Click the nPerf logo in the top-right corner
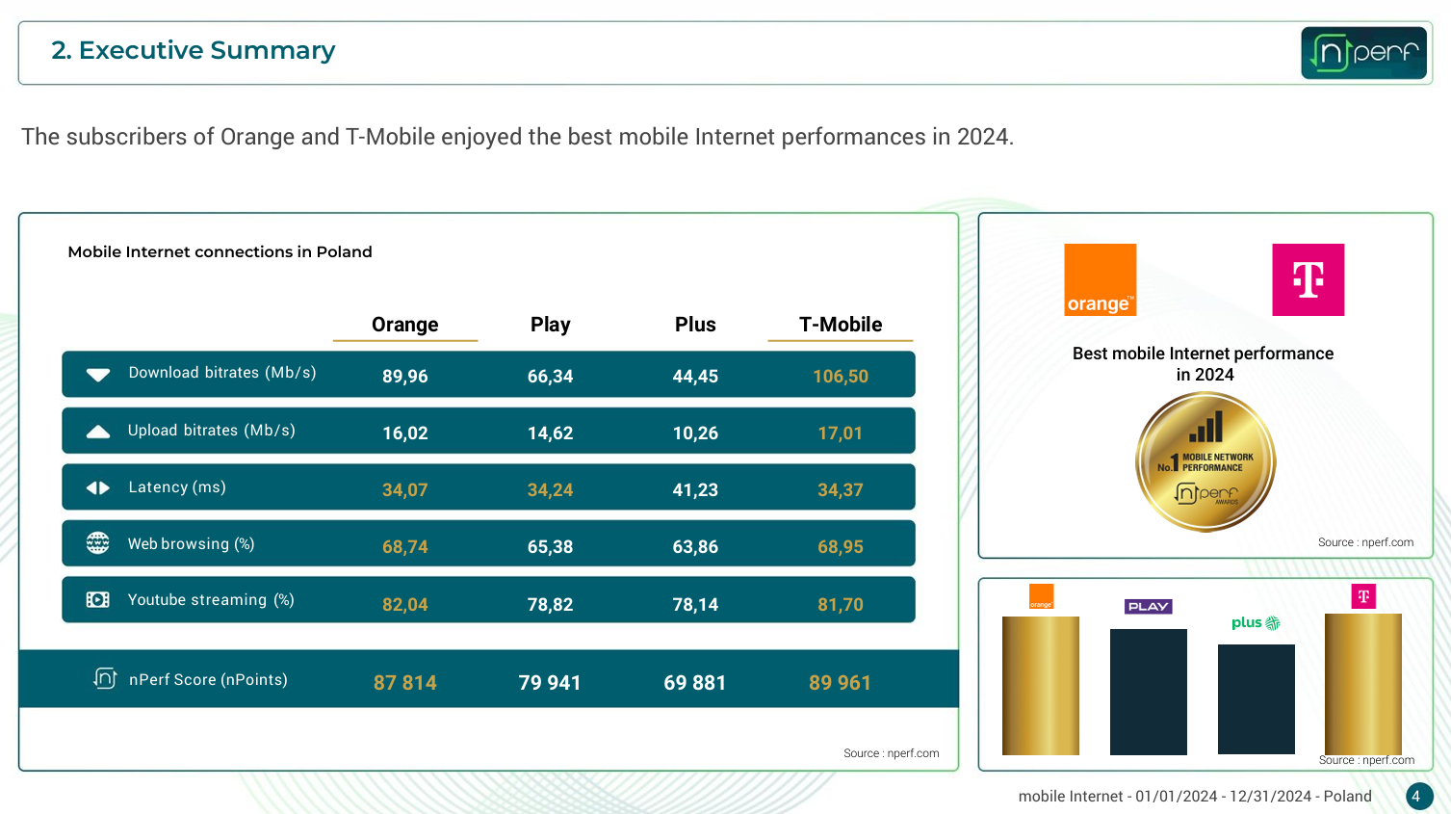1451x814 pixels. [1363, 52]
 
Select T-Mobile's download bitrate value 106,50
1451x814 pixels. [840, 376]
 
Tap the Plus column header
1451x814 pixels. [695, 325]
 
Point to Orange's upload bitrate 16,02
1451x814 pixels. [404, 433]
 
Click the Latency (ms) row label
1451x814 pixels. [177, 487]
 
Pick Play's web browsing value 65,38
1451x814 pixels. [550, 547]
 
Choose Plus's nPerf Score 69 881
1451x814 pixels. [694, 683]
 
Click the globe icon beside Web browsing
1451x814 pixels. [97, 543]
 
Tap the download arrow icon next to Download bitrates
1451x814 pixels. [98, 375]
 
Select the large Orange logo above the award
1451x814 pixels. [1100, 279]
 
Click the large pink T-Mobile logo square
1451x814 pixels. [1308, 279]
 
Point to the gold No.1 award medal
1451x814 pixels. [1205, 461]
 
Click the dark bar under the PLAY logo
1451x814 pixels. [1148, 691]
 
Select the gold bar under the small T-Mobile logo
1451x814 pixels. [1362, 684]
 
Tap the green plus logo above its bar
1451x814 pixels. [1256, 623]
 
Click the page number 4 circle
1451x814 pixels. [1417, 797]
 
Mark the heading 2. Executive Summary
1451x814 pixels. [193, 50]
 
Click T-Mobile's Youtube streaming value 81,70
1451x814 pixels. [840, 605]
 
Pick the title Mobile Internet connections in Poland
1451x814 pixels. [220, 252]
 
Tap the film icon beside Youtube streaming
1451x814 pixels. [97, 600]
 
